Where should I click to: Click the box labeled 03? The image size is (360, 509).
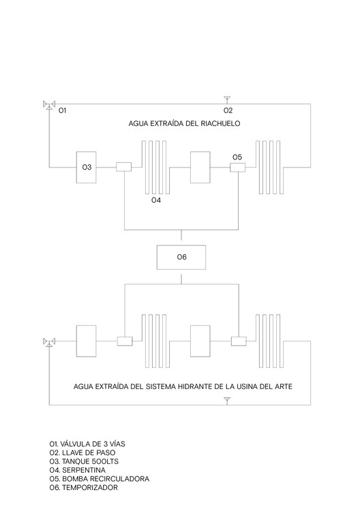pyautogui.click(x=86, y=167)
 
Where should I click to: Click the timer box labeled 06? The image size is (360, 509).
pyautogui.click(x=181, y=257)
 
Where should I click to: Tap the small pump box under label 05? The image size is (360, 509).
pyautogui.click(x=237, y=167)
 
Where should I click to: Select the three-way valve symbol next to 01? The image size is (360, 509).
pyautogui.click(x=49, y=105)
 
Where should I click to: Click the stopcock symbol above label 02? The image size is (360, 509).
pyautogui.click(x=227, y=99)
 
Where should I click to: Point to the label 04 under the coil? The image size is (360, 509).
pyautogui.click(x=156, y=200)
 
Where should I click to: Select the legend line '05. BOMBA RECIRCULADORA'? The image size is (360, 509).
pyautogui.click(x=100, y=479)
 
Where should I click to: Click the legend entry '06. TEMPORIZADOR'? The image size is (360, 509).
pyautogui.click(x=83, y=488)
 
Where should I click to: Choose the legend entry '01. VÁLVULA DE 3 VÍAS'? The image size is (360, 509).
pyautogui.click(x=87, y=444)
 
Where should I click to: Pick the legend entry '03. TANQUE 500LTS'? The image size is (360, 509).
pyautogui.click(x=84, y=461)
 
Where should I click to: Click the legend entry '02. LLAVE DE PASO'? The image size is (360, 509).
pyautogui.click(x=82, y=452)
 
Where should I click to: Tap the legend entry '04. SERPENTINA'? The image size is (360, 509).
pyautogui.click(x=78, y=470)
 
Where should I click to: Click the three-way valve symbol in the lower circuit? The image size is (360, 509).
pyautogui.click(x=49, y=342)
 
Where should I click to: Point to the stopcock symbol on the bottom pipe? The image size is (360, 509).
pyautogui.click(x=227, y=401)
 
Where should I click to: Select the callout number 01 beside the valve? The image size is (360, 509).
pyautogui.click(x=62, y=110)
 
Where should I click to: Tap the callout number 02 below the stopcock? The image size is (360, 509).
pyautogui.click(x=228, y=110)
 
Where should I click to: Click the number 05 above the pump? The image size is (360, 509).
pyautogui.click(x=237, y=157)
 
